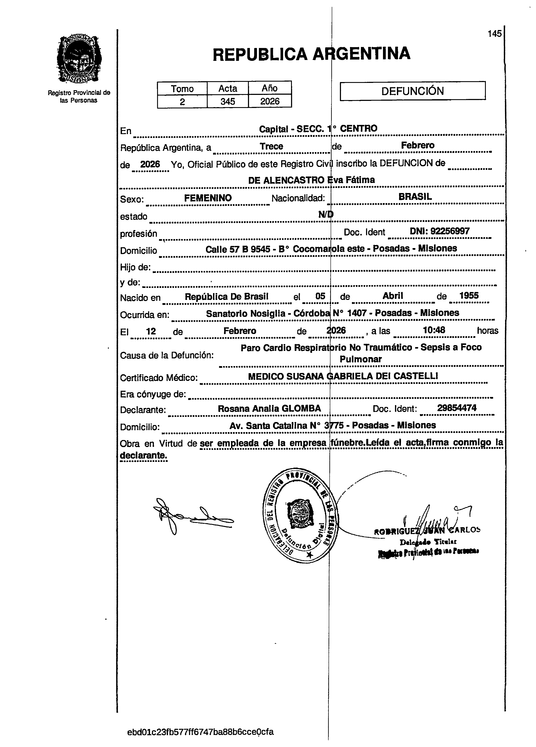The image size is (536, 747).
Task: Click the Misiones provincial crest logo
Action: click(79, 59)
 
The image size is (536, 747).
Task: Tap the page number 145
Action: click(494, 34)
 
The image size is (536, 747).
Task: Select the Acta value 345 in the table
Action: click(228, 101)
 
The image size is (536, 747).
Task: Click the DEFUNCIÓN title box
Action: click(413, 91)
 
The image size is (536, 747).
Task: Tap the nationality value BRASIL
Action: click(415, 197)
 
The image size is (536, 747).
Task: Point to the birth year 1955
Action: click(469, 295)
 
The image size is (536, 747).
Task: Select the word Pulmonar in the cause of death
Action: click(360, 359)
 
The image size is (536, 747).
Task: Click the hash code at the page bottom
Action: click(200, 732)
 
